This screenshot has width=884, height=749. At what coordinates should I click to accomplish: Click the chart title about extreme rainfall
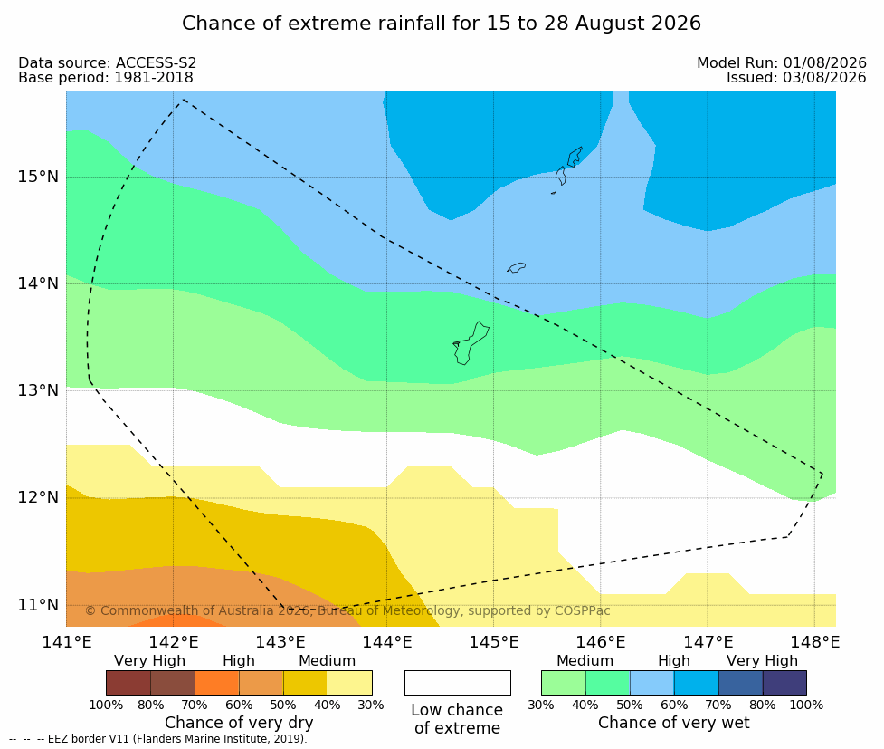[x=442, y=24]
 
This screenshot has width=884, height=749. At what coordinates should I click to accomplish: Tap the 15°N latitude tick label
[x=38, y=177]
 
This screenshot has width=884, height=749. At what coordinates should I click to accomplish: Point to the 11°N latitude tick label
[x=38, y=605]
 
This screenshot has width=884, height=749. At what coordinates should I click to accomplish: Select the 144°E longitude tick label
[x=387, y=642]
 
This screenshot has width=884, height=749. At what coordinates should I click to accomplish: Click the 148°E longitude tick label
[x=814, y=642]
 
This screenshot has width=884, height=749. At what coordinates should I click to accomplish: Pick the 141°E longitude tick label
[x=67, y=642]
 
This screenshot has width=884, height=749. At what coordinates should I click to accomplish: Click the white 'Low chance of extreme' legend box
[x=458, y=683]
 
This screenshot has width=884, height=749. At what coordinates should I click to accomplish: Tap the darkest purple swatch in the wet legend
[x=784, y=683]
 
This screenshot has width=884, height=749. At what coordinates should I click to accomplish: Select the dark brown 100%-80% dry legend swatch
[x=128, y=683]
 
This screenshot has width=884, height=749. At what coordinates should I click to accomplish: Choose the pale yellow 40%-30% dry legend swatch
[x=349, y=683]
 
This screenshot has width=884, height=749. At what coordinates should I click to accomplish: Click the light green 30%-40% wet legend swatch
[x=563, y=683]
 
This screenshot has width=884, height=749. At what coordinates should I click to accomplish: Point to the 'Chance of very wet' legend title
[x=674, y=723]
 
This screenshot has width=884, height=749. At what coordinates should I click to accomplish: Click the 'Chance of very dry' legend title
[x=239, y=723]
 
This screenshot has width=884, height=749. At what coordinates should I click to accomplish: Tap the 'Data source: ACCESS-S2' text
[x=107, y=63]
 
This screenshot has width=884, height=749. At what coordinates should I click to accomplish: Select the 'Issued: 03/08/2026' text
[x=796, y=77]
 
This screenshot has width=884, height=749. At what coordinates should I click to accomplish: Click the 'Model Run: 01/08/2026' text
[x=782, y=62]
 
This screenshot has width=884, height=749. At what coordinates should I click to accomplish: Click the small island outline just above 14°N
[x=517, y=267]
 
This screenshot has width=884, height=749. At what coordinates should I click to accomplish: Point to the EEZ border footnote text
[x=157, y=739]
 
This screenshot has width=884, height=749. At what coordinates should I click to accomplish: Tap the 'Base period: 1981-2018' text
[x=106, y=77]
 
